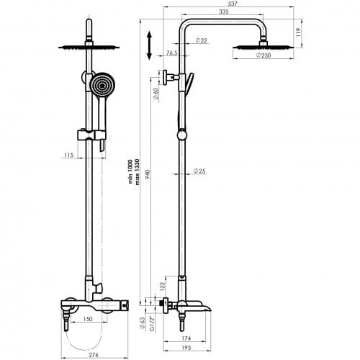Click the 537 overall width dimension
233,4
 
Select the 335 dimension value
224,12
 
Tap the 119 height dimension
298,32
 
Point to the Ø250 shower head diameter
264,55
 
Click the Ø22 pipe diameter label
201,40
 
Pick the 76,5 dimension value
172,53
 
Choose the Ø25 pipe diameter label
199,171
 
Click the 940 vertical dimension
148,175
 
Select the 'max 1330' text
137,172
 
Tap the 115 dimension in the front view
68,155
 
